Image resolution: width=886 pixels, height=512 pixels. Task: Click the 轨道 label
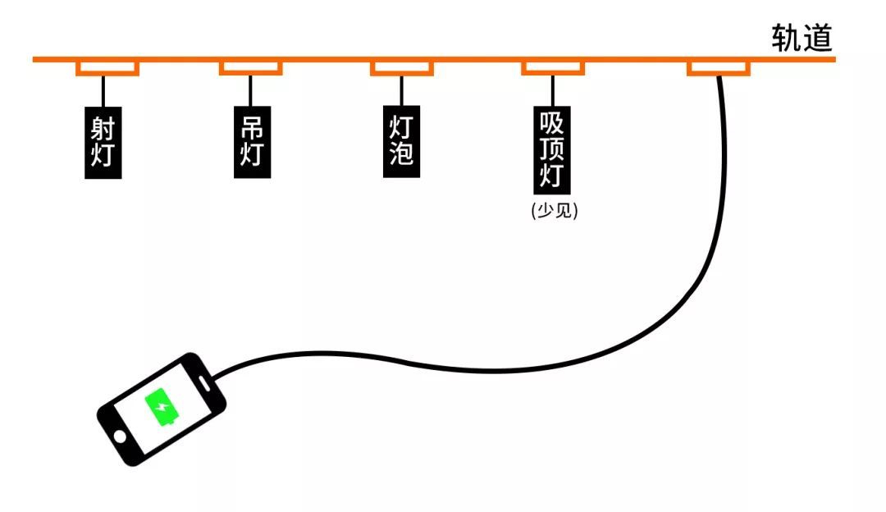(x=802, y=38)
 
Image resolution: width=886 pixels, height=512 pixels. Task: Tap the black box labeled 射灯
(x=103, y=143)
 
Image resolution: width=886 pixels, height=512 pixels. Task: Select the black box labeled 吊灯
(x=252, y=142)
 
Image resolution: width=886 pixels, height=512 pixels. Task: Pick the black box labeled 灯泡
(x=401, y=141)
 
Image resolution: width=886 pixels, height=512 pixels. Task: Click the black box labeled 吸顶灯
(x=552, y=150)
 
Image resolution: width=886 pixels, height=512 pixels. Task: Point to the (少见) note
(x=555, y=210)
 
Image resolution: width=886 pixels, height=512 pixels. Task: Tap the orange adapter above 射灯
(x=107, y=67)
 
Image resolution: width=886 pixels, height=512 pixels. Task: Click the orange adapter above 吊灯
(x=251, y=67)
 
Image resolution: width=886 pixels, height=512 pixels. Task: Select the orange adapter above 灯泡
(x=402, y=67)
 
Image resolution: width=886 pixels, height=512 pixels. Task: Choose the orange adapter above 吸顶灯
(x=553, y=67)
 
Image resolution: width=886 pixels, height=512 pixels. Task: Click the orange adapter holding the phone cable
(x=719, y=67)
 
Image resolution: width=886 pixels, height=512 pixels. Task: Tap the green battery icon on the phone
(x=162, y=407)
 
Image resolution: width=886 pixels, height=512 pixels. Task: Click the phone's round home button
(x=120, y=437)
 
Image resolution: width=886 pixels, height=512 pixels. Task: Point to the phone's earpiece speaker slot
(x=204, y=382)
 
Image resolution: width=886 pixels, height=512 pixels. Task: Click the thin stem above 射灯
(x=103, y=91)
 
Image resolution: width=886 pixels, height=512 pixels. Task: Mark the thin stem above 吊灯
(x=250, y=90)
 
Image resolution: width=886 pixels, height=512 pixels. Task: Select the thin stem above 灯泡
(x=401, y=90)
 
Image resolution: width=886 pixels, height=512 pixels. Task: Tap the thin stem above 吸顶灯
(x=553, y=90)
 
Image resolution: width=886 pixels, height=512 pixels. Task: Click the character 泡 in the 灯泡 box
(x=401, y=153)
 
